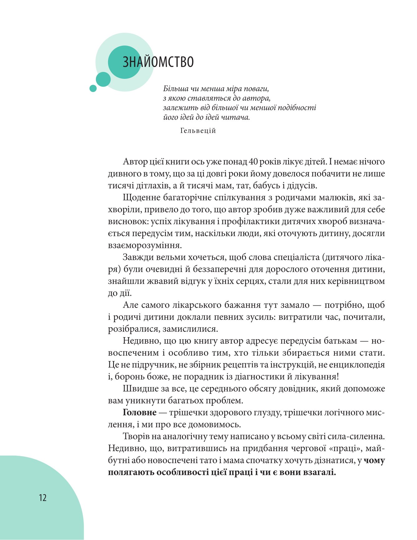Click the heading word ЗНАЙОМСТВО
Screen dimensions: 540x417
pos(158,62)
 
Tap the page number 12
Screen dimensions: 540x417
pos(43,498)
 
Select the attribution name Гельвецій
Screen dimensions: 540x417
pos(198,131)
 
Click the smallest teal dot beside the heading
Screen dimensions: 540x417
pos(93,88)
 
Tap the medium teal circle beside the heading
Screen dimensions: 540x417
pos(103,79)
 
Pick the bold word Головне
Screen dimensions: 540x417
pos(140,413)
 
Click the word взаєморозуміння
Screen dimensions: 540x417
pos(145,245)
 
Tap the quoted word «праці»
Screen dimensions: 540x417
pos(346,449)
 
